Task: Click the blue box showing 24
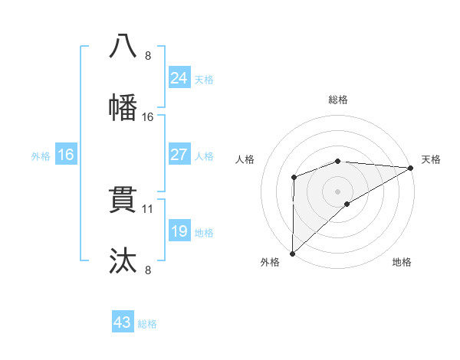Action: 179,77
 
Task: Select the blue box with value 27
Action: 179,155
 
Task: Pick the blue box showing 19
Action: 179,231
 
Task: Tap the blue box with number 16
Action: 65,155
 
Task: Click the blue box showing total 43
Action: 123,322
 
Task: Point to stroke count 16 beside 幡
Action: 148,116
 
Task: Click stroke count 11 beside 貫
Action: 148,208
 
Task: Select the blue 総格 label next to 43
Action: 147,324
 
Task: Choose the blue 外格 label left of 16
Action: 41,156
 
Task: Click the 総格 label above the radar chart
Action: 338,100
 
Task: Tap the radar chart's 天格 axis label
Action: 431,159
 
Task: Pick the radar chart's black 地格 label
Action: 402,262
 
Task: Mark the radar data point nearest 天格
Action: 411,168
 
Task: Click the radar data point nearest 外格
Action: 292,253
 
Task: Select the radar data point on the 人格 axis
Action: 294,178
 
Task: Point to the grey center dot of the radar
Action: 338,191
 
